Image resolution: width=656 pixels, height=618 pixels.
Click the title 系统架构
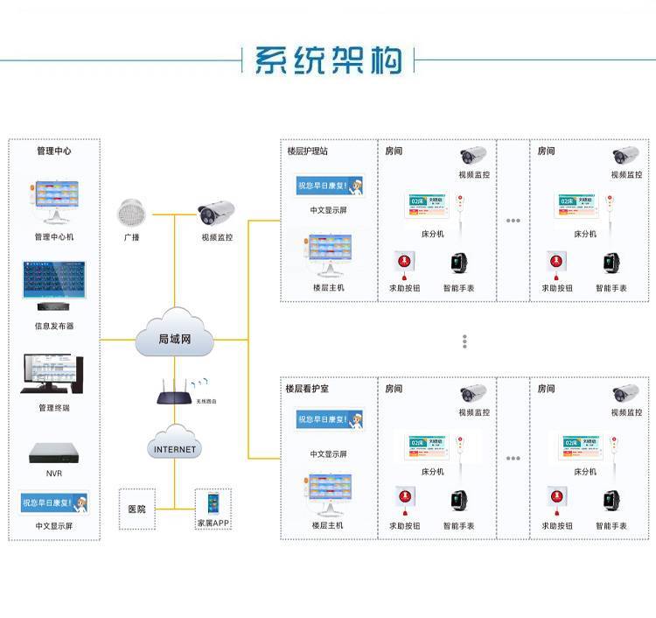328,59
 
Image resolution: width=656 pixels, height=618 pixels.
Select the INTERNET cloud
175,447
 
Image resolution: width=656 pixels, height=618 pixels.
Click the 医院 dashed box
137,509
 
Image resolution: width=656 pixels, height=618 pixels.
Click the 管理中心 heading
54,151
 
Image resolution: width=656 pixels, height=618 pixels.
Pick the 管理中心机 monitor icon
54,201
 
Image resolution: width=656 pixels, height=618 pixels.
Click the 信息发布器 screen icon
54,285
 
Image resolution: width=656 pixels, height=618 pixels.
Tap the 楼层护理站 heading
307,151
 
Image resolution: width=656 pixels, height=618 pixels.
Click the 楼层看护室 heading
307,388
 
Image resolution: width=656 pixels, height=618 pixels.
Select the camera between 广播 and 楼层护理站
216,214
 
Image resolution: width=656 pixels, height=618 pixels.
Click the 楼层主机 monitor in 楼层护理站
328,255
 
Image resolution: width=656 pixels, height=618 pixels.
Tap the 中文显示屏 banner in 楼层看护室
329,420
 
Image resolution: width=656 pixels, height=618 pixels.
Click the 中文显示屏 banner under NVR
54,502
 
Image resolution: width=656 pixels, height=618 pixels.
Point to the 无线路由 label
206,400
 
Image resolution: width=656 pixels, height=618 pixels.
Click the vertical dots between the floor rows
465,341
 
